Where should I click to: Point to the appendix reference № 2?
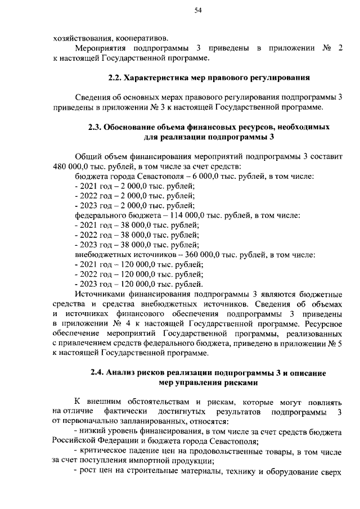point(331,48)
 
